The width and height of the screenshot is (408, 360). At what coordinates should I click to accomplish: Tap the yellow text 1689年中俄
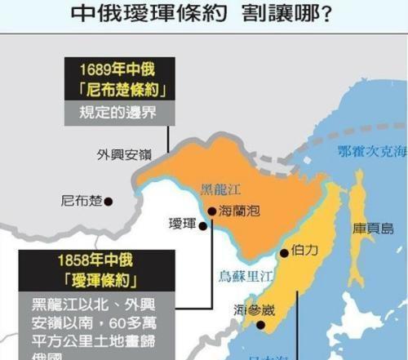[116, 69]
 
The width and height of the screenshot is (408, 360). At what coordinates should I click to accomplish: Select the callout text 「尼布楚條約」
[116, 90]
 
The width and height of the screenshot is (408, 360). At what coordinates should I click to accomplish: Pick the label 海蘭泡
[240, 211]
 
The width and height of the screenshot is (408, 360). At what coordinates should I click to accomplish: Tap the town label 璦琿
[184, 224]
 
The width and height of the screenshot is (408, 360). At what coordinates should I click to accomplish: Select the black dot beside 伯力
[284, 253]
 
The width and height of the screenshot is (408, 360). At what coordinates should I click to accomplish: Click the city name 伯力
[304, 253]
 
